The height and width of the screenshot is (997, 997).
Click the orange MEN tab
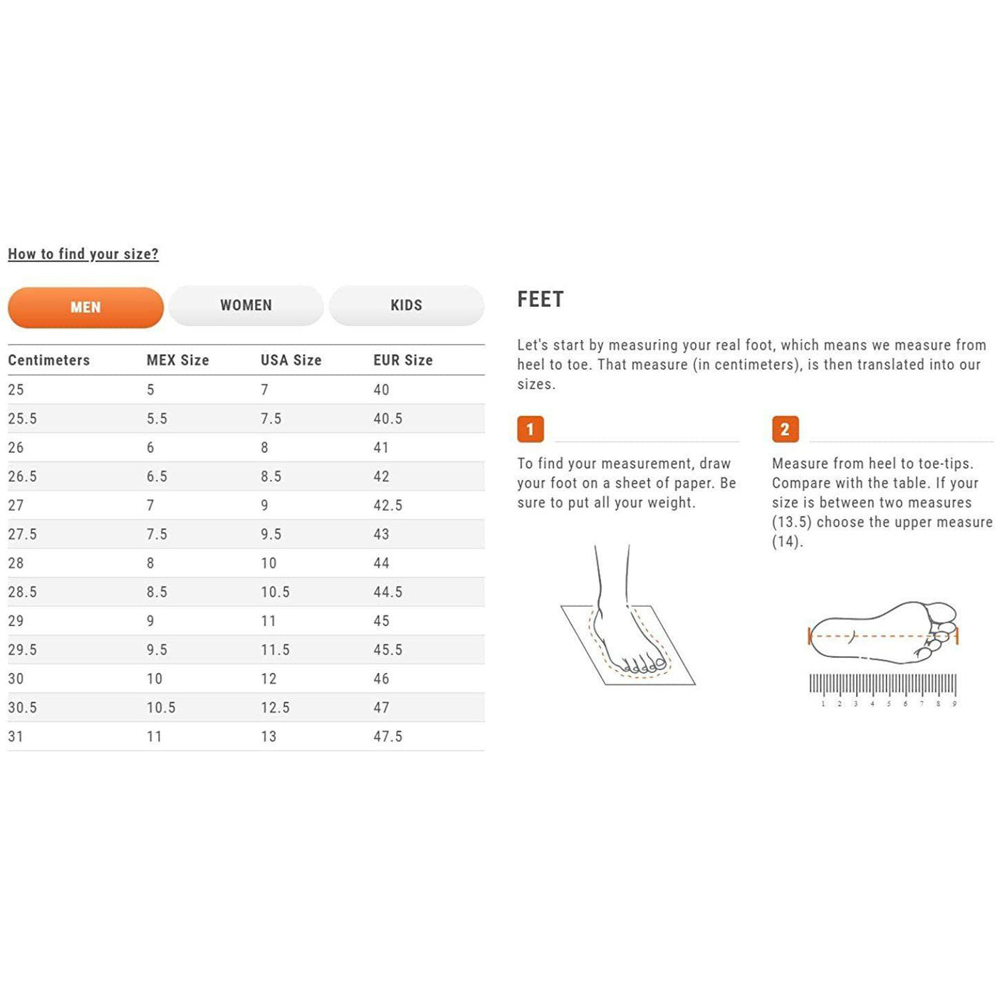85,308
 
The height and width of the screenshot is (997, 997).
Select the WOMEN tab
246,306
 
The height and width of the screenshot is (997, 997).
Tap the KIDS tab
406,306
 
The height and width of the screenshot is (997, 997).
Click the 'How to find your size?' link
83,254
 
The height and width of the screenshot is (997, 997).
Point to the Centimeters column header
48,360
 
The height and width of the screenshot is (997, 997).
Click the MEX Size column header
178,360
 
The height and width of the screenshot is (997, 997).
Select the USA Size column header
291,360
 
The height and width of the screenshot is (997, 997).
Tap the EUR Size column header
403,360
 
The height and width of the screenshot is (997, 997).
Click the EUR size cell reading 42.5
388,505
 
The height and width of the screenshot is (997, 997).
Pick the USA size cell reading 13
268,736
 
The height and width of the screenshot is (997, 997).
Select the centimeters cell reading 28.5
22,592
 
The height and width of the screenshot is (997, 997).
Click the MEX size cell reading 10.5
161,707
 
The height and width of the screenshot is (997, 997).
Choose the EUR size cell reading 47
381,707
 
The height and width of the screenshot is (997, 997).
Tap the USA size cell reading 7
264,390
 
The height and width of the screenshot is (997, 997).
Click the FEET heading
541,300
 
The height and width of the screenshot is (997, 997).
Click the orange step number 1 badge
531,429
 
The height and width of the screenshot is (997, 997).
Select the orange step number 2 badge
785,429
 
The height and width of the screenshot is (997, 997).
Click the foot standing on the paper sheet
629,621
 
